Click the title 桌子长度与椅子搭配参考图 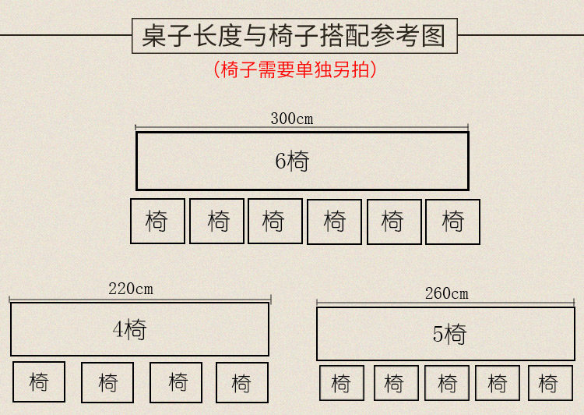click(294, 35)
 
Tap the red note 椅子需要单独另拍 click(294, 69)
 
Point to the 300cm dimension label click(292, 119)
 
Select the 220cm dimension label click(131, 289)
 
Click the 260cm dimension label click(447, 293)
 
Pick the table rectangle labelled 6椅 click(302, 161)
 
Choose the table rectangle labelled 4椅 click(139, 329)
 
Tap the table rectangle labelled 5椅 click(445, 334)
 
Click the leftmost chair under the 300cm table click(157, 222)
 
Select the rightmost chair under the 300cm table click(452, 222)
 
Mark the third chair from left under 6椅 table click(275, 221)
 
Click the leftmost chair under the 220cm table click(39, 382)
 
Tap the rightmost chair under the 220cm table click(241, 382)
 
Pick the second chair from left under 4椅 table click(107, 382)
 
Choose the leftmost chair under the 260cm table click(341, 383)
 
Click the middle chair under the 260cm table click(447, 383)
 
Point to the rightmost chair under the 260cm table click(550, 383)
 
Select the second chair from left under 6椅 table click(217, 221)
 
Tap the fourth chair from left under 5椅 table click(498, 383)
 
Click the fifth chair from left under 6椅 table click(393, 222)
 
